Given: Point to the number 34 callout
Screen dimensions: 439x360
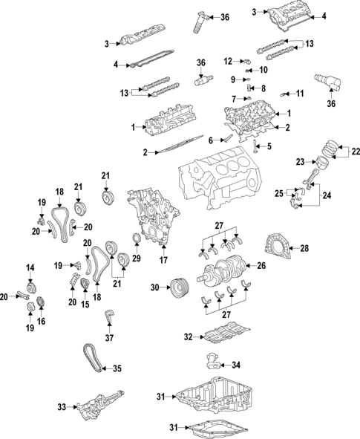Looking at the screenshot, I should (x=237, y=365).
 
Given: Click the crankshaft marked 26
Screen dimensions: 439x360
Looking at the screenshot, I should (x=227, y=266).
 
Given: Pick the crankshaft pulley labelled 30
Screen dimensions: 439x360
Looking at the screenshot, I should (x=177, y=287).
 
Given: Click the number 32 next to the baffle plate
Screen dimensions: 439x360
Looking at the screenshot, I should (x=189, y=337).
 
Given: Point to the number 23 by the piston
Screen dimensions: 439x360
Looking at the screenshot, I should (x=300, y=161).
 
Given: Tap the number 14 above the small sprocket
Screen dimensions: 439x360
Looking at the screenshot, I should (x=30, y=267).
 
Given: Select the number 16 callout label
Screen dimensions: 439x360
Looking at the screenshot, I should (x=41, y=321).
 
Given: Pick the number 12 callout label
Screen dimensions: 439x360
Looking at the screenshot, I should (x=228, y=60).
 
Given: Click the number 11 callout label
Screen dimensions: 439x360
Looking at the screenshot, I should (x=301, y=93).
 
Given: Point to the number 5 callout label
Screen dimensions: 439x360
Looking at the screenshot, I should (x=269, y=146).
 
